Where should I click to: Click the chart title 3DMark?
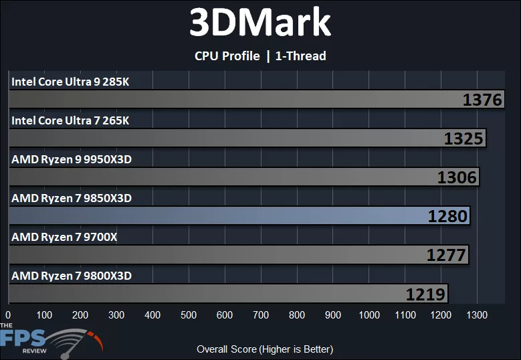click(x=260, y=23)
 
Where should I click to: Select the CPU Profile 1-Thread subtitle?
click(x=260, y=56)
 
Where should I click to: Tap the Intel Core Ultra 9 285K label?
click(x=70, y=82)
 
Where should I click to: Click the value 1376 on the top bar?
click(x=482, y=100)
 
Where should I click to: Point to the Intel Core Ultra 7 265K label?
click(x=70, y=120)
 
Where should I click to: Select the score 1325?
click(x=463, y=139)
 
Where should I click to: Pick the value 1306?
click(x=457, y=177)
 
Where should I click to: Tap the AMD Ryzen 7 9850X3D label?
click(x=72, y=198)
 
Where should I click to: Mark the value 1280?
click(x=448, y=216)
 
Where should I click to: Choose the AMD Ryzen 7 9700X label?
click(x=64, y=236)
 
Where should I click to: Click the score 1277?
click(x=446, y=255)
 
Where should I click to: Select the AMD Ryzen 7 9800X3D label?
click(x=72, y=275)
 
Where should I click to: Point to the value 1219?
click(x=426, y=294)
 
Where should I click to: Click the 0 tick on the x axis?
click(x=8, y=314)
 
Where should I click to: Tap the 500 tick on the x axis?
click(x=189, y=314)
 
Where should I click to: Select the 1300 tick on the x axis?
click(x=478, y=314)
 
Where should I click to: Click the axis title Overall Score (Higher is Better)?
click(x=265, y=349)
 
